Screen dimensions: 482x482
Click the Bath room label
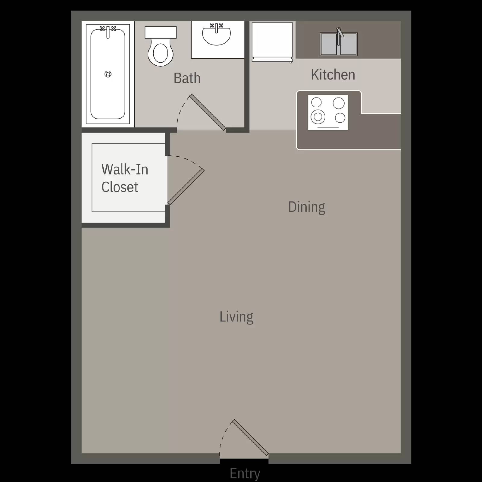[187, 78]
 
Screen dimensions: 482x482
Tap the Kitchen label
[333, 75]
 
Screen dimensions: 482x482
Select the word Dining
[306, 207]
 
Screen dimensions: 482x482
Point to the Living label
[236, 317]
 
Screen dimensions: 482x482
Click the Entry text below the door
[245, 473]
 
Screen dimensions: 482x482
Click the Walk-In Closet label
[124, 178]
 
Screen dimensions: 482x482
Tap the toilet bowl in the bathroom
[161, 54]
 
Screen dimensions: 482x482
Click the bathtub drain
[108, 74]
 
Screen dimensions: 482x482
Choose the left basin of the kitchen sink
[329, 44]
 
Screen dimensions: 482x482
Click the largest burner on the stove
[318, 117]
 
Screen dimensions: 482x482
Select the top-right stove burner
[339, 103]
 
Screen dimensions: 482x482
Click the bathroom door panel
[208, 112]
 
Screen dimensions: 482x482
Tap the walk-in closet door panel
[186, 187]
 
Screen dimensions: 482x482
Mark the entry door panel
[250, 437]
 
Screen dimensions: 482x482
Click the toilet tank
[161, 32]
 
